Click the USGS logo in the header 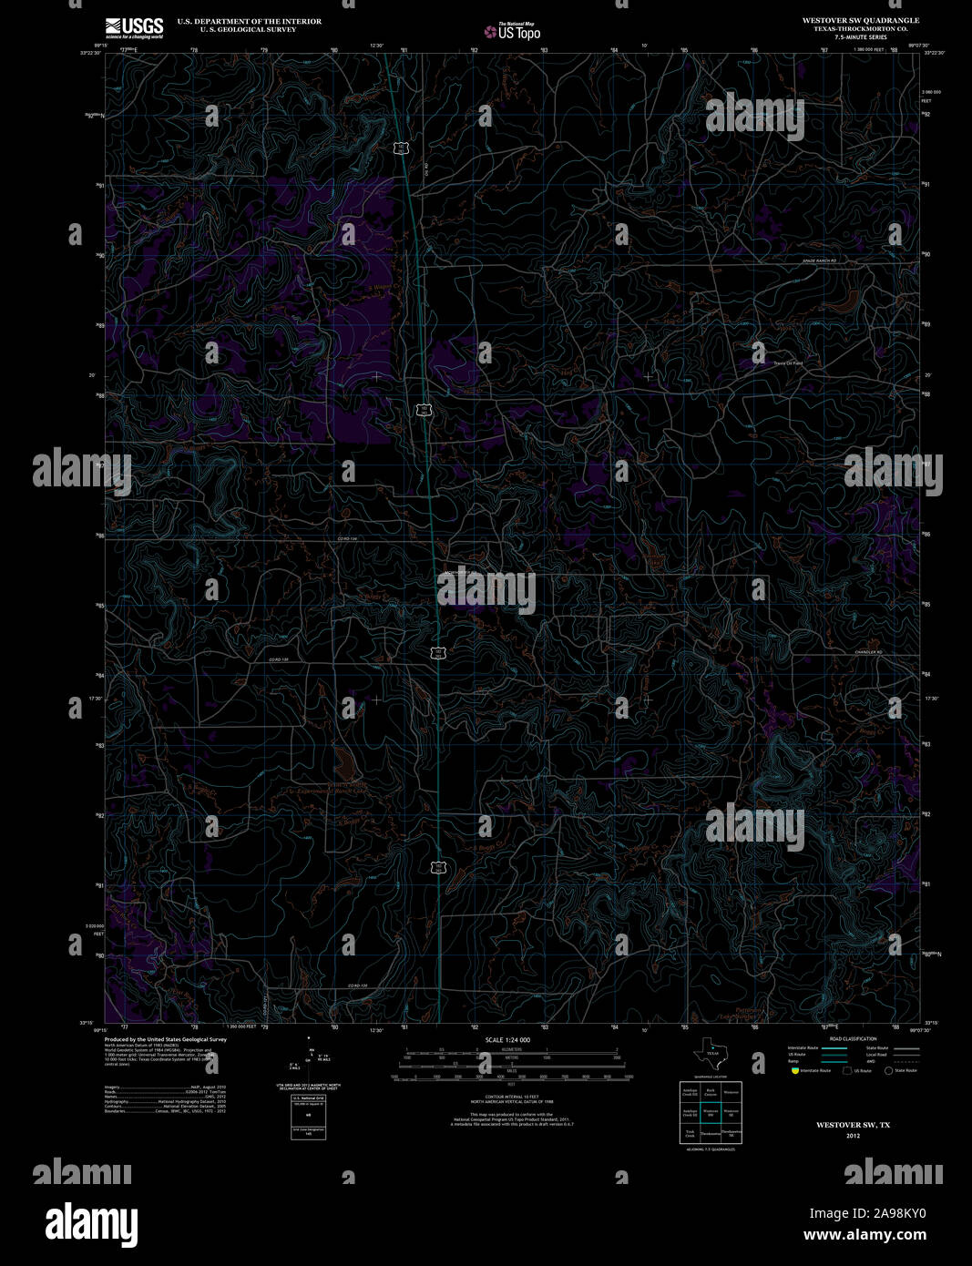click(x=134, y=27)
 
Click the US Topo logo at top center click(x=512, y=32)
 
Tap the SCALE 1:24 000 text click(x=507, y=1039)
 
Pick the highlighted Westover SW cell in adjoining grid click(x=711, y=1112)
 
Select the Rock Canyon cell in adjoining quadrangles click(x=711, y=1090)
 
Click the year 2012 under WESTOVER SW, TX click(x=853, y=1136)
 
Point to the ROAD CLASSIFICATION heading click(x=853, y=1039)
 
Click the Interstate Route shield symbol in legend click(x=794, y=1070)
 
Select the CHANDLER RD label click(x=868, y=652)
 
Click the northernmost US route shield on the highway click(x=400, y=148)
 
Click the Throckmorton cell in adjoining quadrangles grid click(x=711, y=1134)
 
